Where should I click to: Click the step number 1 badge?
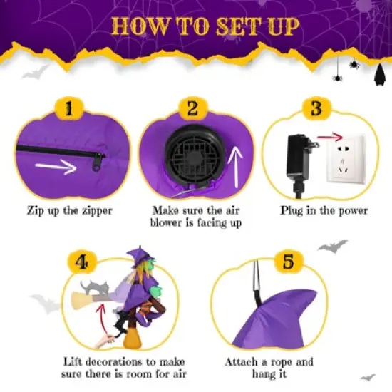point(69,109)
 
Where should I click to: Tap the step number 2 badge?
point(192,109)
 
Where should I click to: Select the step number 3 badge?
point(316,109)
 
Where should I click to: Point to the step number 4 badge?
point(83,261)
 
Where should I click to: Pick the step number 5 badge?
point(288,261)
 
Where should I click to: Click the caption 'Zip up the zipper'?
point(70,211)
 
